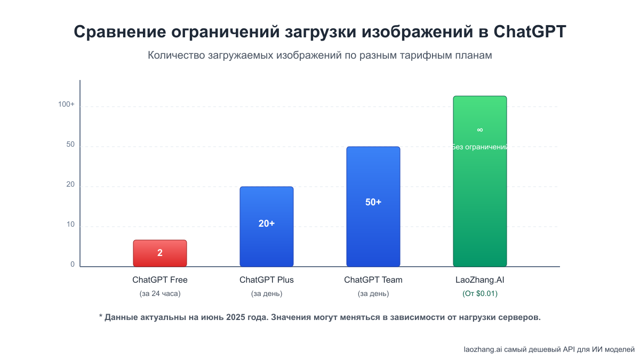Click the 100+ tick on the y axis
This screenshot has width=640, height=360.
point(67,105)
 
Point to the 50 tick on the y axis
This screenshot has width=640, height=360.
point(70,145)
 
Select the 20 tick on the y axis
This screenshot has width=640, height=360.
point(70,185)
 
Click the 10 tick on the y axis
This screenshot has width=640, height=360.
point(70,225)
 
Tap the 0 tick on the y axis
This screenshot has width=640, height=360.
point(73,265)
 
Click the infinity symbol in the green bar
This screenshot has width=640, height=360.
point(479,130)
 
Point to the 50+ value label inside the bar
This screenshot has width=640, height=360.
point(373,202)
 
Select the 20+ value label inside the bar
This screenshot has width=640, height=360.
point(266,223)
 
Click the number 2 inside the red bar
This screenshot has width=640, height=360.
point(159,253)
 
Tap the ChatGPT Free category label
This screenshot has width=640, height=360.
point(159,280)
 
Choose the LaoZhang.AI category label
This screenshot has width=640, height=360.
point(479,280)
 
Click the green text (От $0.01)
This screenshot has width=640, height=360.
point(479,293)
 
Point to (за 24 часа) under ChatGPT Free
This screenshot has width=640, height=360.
point(159,293)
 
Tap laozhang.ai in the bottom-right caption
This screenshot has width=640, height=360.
point(483,349)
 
